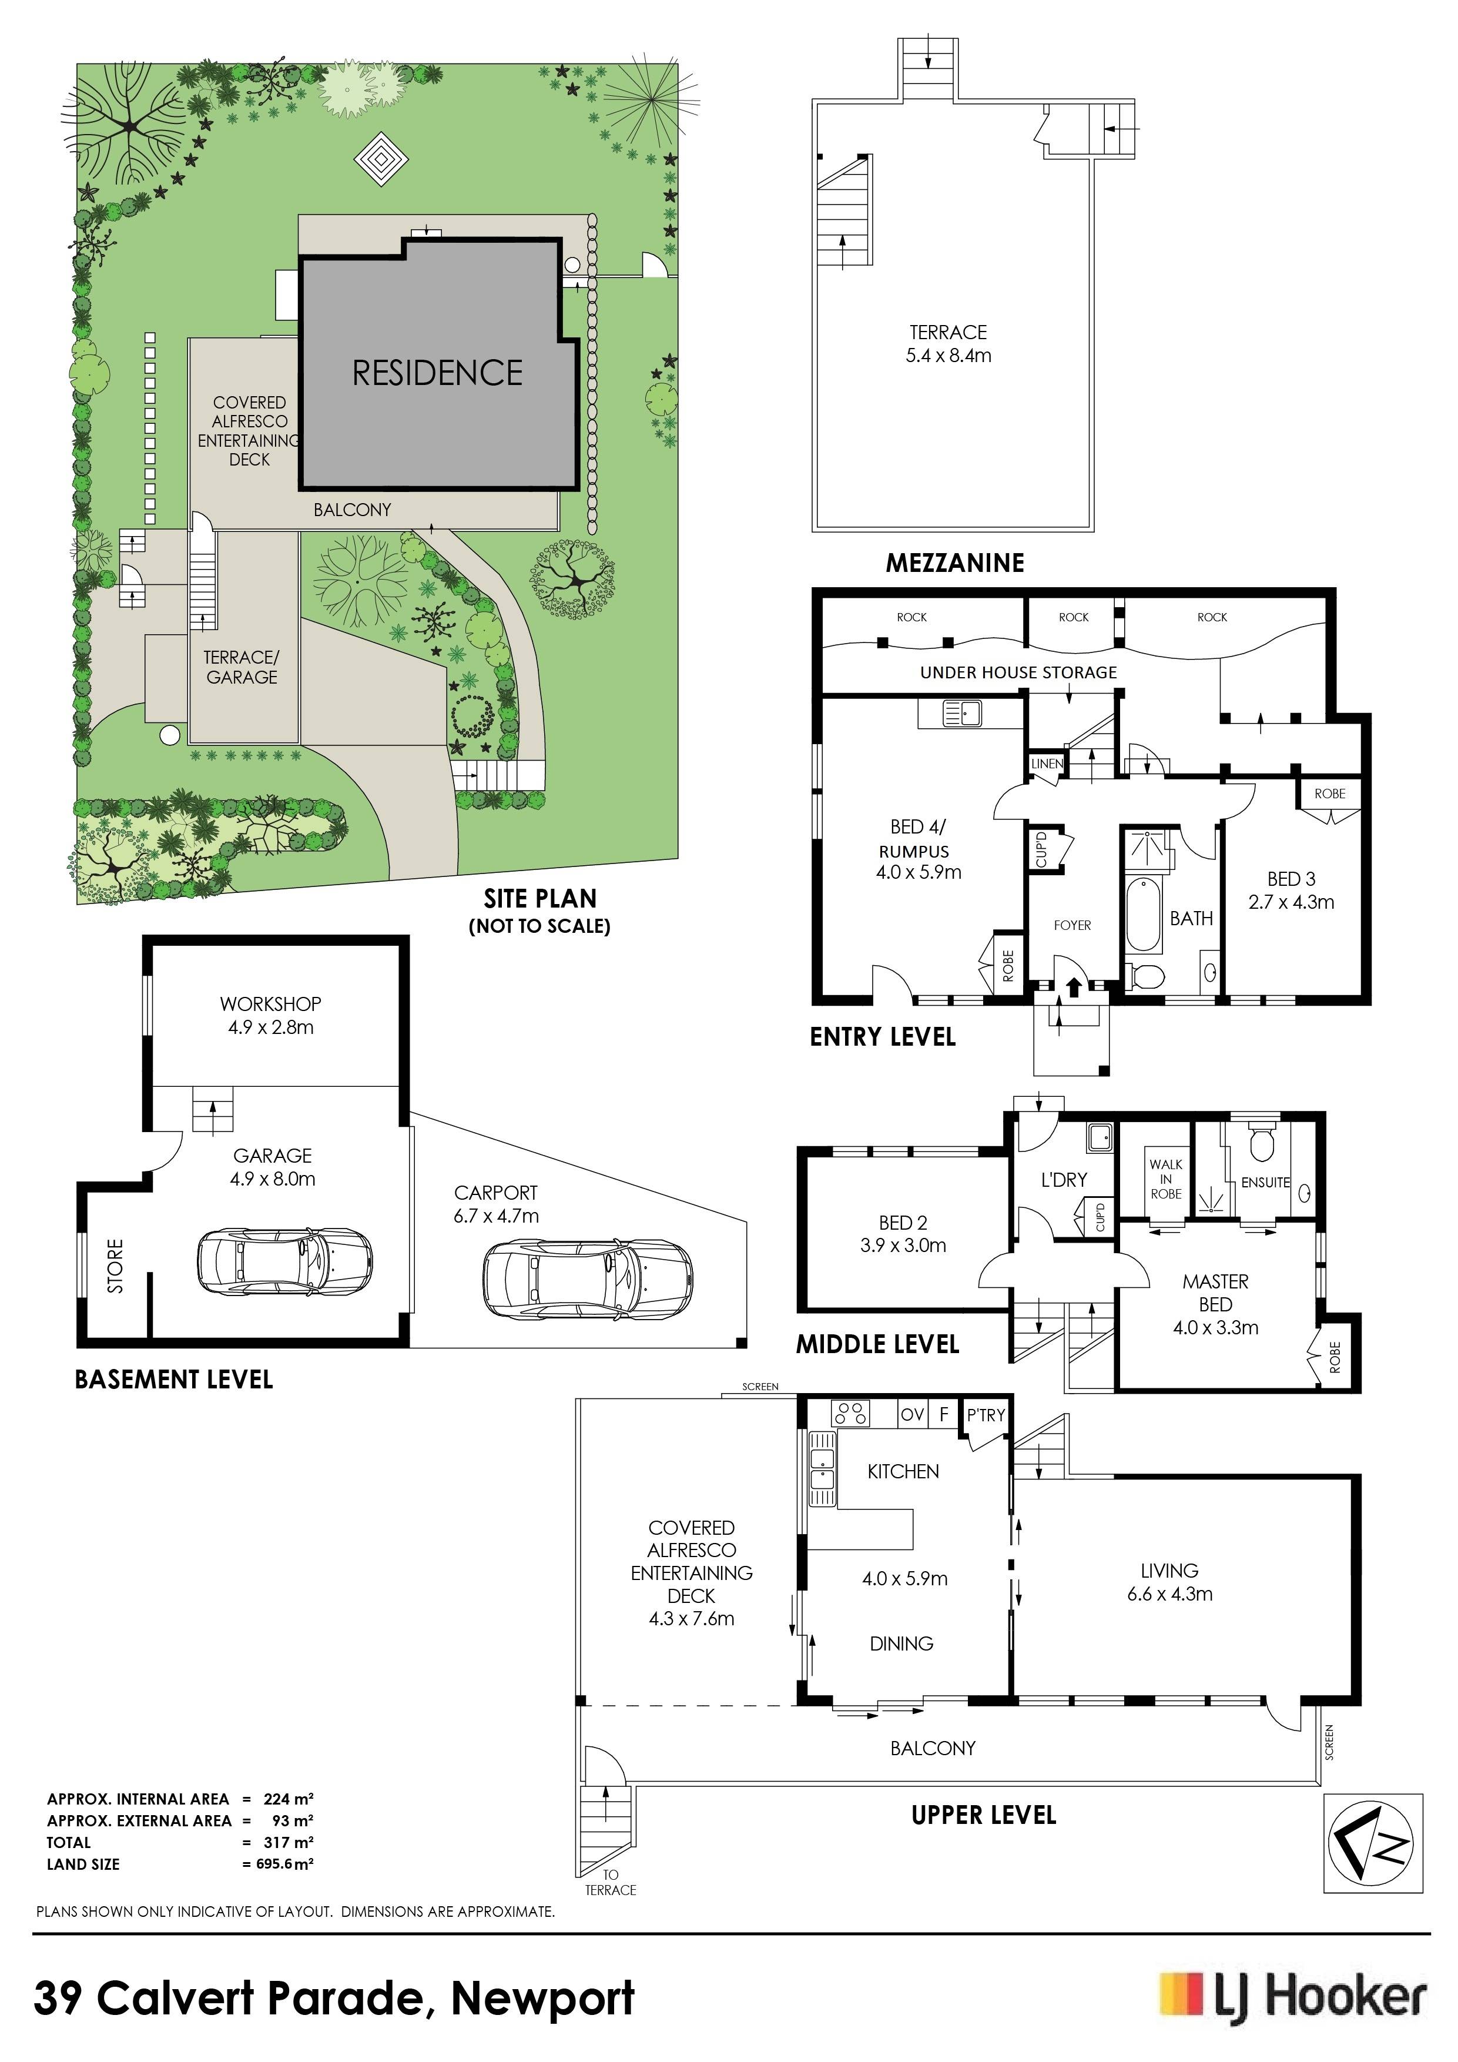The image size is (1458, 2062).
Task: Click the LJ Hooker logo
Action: (x=1293, y=1999)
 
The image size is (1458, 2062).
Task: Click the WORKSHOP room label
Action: (x=270, y=1003)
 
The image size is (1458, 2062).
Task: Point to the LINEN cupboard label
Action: (x=1047, y=764)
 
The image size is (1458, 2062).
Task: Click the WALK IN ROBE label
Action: (x=1165, y=1179)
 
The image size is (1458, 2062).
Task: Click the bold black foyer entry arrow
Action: (x=1073, y=986)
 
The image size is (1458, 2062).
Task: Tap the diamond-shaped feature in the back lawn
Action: (x=381, y=160)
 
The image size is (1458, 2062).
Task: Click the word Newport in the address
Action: (x=543, y=1999)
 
